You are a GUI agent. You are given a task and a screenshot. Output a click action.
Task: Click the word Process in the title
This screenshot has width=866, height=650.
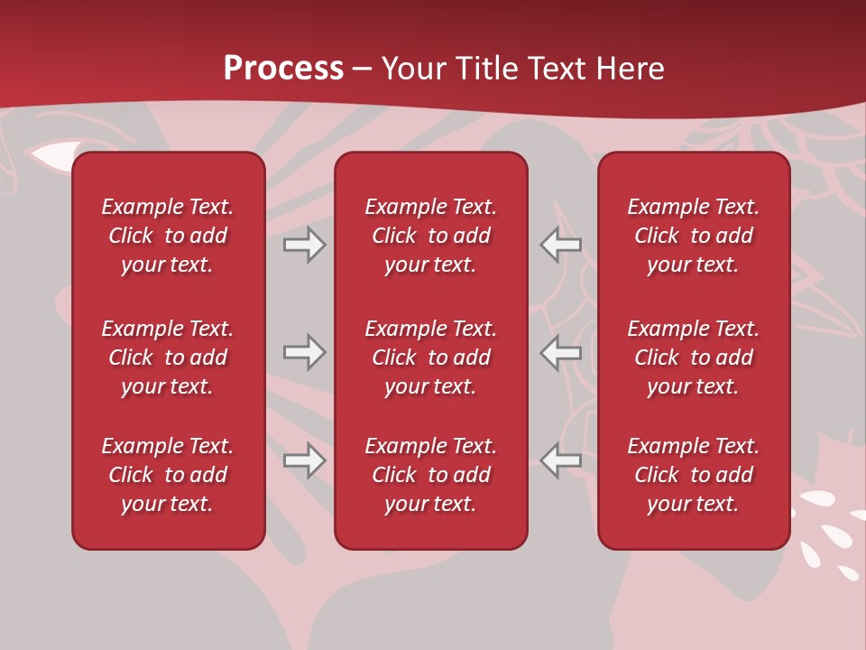coord(283,69)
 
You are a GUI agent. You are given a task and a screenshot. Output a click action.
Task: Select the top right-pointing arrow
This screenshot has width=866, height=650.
coord(304,245)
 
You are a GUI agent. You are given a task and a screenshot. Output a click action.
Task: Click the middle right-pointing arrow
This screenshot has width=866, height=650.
coord(304,352)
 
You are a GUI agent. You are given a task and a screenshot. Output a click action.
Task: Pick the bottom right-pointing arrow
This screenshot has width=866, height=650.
coord(304,461)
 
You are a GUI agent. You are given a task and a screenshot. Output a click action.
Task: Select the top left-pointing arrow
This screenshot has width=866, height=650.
coord(560,245)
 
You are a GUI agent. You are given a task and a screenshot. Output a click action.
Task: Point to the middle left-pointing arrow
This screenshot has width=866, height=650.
coord(560,352)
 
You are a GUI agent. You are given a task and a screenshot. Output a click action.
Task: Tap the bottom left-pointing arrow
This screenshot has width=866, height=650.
coord(560,461)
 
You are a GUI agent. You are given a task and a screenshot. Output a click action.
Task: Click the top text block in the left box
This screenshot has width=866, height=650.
coord(168,236)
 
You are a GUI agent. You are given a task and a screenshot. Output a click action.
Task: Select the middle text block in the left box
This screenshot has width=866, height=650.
coord(168,357)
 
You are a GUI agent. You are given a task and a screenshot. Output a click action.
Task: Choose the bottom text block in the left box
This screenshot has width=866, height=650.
coord(168,475)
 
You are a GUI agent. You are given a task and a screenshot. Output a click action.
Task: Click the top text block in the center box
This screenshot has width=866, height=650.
coord(430,236)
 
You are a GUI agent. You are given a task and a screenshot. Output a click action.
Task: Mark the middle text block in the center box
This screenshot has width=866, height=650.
coord(430,357)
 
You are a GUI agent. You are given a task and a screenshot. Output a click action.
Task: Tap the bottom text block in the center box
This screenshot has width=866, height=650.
coord(430,475)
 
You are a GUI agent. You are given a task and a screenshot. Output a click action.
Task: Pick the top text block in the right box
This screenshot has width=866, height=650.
coord(693,236)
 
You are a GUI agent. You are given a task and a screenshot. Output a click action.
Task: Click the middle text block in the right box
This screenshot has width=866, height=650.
coord(693,357)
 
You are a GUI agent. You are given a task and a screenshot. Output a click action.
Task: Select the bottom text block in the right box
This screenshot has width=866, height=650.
coord(693,475)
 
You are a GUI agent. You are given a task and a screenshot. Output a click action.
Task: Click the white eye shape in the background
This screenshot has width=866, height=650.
coord(51,156)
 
